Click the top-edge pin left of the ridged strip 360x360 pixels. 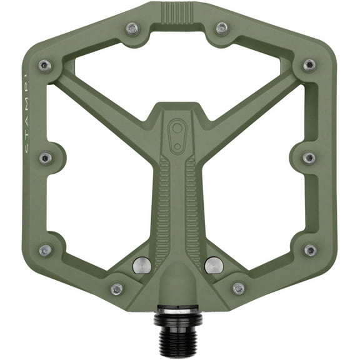pos(132,28)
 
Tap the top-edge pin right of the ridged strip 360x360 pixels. pos(221,28)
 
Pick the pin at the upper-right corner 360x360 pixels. pos(309,65)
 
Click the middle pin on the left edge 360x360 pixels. pos(45,157)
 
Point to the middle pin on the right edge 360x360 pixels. pos(309,157)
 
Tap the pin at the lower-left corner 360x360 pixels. pos(45,250)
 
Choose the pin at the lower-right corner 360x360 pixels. pos(310,250)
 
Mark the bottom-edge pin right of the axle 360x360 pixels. pos(238,288)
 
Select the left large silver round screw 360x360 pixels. pos(142,265)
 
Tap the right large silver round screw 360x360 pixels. pos(214,265)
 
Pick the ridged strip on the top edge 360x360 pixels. pos(177,12)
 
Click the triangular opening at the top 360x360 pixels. pos(177,69)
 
